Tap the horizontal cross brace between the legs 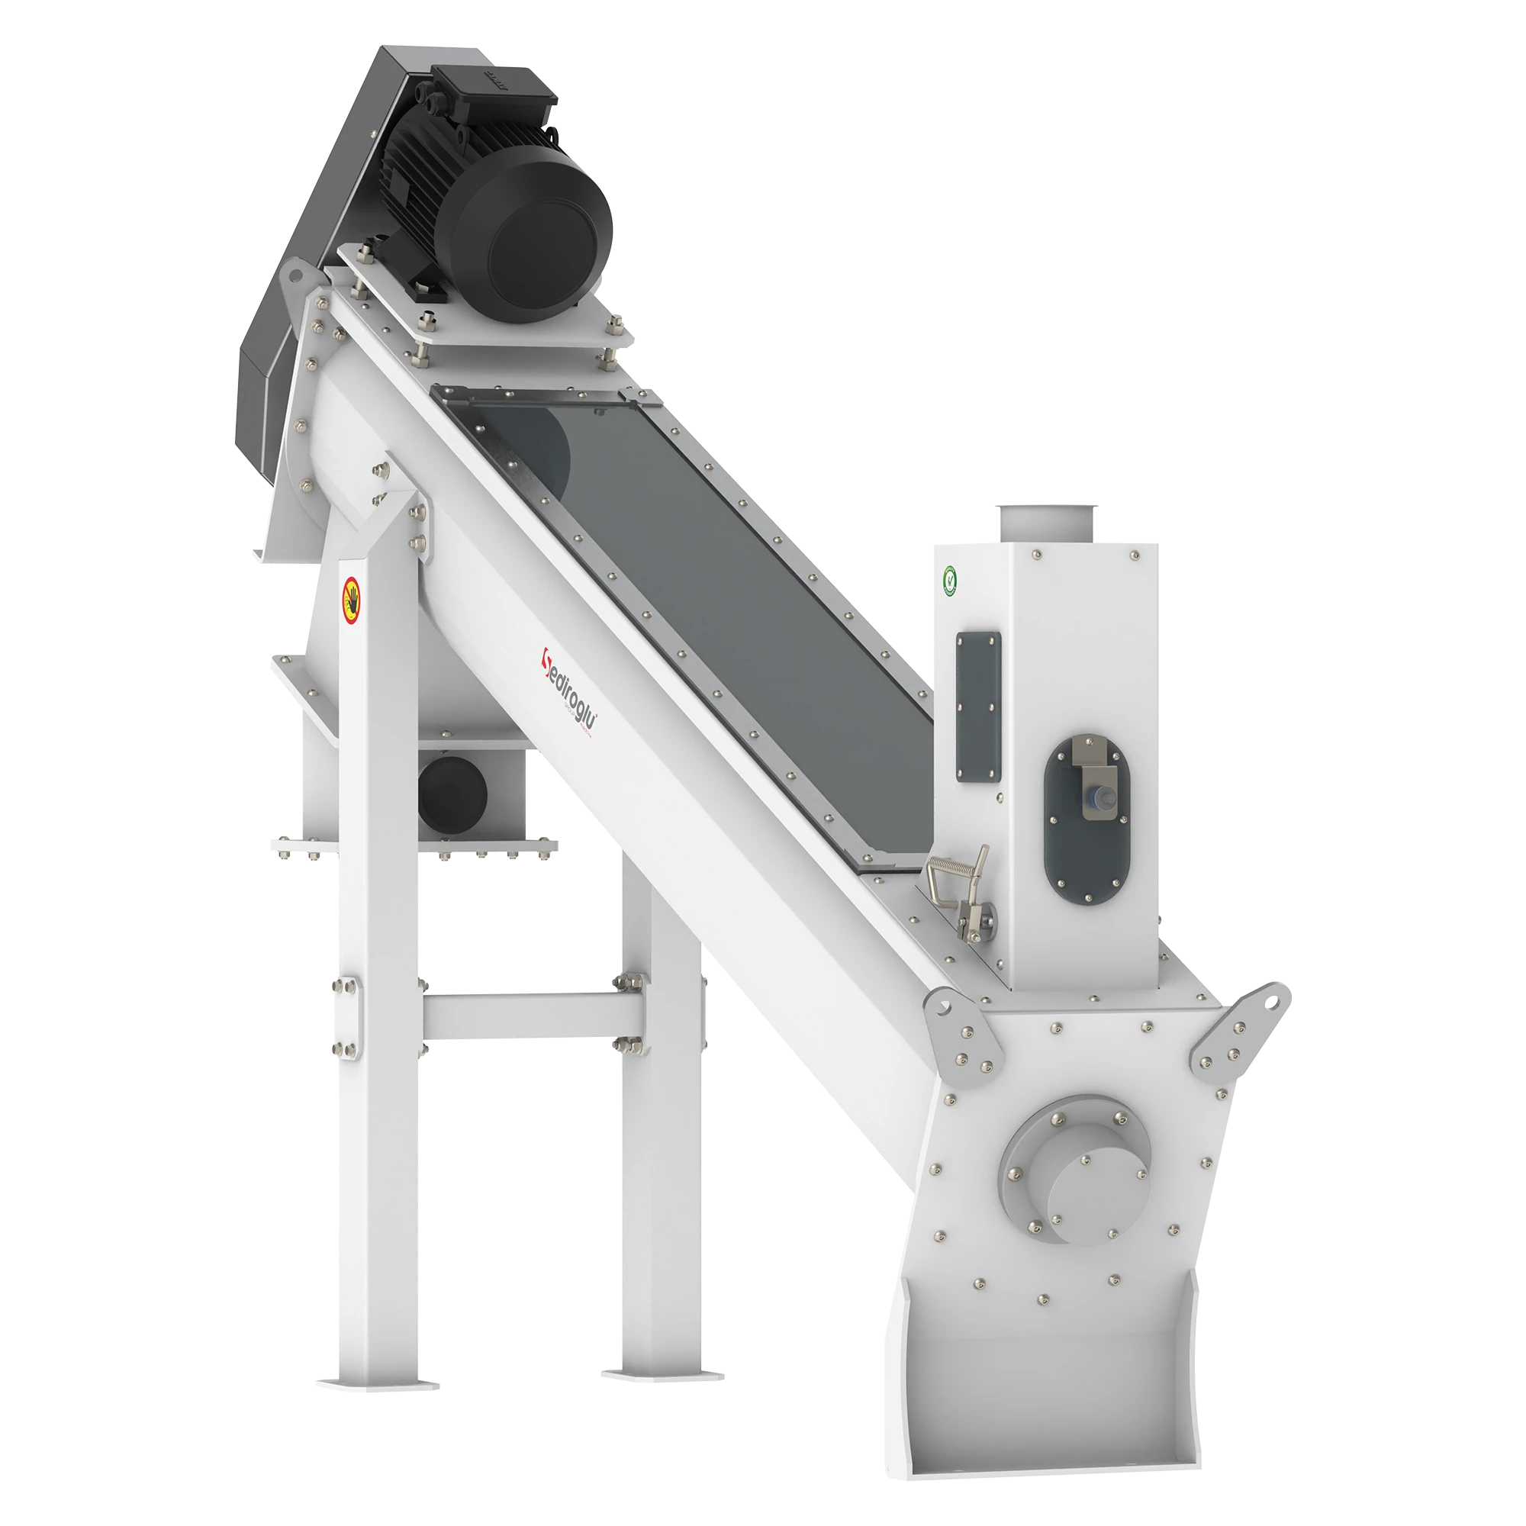pos(534,1015)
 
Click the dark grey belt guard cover pos(316,237)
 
